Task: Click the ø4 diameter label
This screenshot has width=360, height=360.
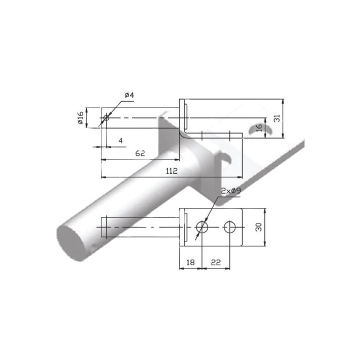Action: coord(129,95)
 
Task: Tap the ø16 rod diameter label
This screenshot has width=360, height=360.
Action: coord(80,118)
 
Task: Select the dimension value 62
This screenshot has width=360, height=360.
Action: coord(140,153)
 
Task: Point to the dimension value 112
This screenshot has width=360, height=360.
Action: coord(171,171)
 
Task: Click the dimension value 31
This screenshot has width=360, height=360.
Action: coord(277,118)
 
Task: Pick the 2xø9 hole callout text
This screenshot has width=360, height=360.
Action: coord(230,191)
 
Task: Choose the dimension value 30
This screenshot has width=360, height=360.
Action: coord(258,227)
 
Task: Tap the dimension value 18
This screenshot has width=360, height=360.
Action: coord(190,262)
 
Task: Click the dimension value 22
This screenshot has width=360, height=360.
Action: coord(215,262)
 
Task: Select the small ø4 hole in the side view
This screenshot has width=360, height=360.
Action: coord(106,118)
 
